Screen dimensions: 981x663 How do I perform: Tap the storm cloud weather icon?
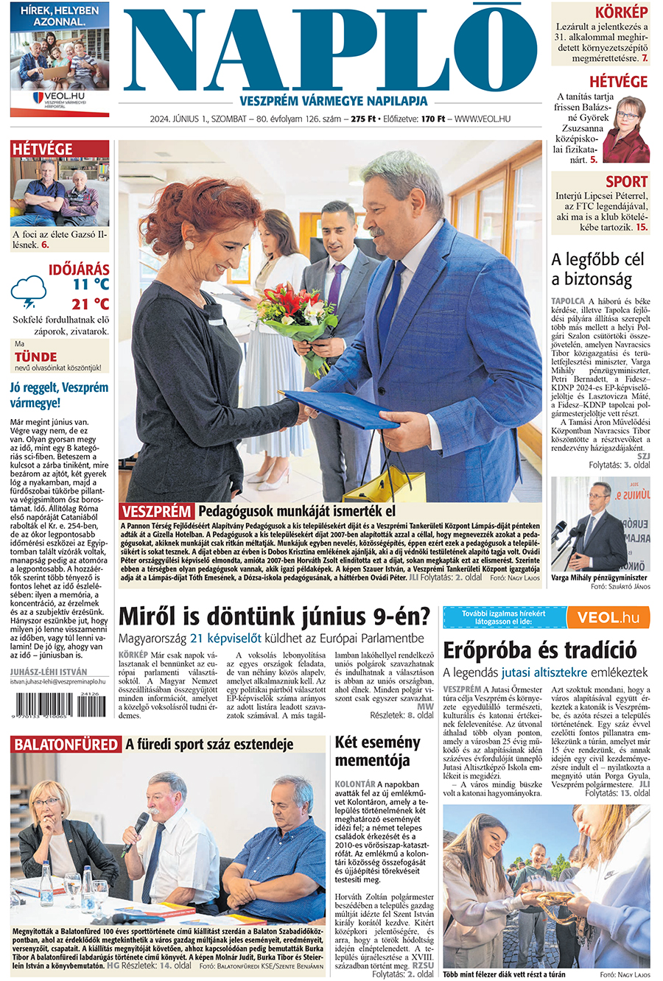[29, 291]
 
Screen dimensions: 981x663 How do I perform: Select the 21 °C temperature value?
[90, 303]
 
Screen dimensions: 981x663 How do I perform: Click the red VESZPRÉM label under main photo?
[156, 511]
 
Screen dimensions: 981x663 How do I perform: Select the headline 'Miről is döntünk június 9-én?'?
[274, 616]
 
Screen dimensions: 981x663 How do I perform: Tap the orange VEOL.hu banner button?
[608, 617]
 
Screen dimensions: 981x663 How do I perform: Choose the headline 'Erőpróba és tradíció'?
[540, 650]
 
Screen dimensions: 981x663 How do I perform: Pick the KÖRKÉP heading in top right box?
[621, 13]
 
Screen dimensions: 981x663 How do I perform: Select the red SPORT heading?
[626, 181]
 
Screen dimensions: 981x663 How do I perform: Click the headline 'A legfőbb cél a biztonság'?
[597, 269]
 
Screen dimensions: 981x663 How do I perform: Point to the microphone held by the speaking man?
[139, 825]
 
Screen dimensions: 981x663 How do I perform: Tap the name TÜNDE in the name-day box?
[35, 356]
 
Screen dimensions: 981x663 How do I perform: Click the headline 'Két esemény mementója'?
[377, 750]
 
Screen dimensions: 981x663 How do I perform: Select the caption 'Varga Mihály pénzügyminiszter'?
[600, 578]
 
